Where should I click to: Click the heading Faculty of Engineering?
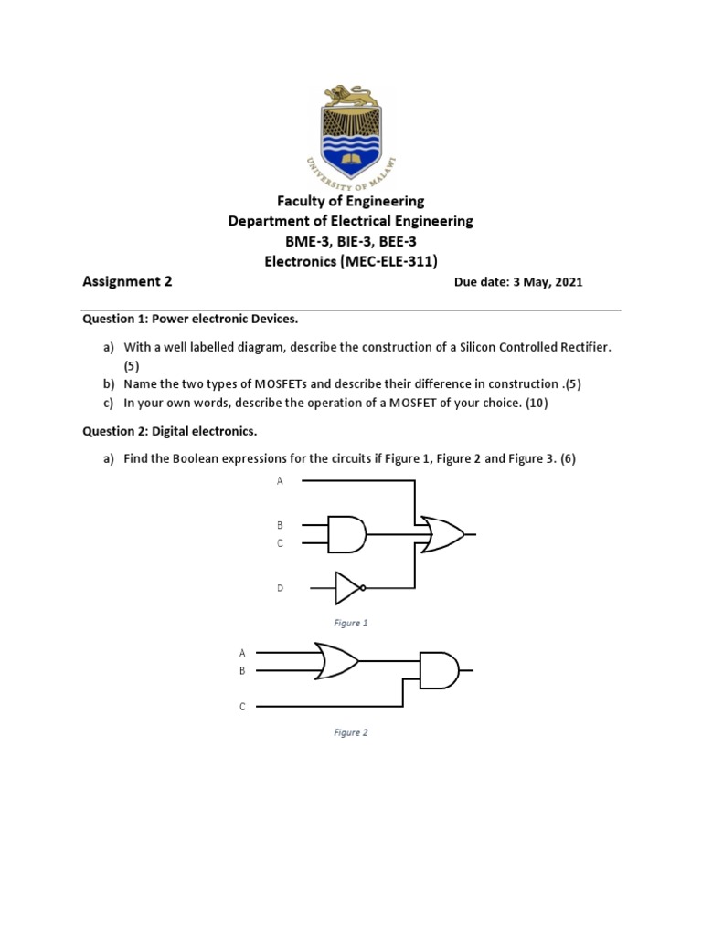(351, 201)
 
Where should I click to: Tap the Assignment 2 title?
(127, 281)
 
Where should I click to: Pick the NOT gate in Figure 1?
(350, 589)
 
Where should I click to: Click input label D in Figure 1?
(281, 589)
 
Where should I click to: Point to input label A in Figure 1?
(281, 480)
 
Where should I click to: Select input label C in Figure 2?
(243, 707)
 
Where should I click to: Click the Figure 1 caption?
(351, 623)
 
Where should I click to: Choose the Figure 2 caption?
(351, 732)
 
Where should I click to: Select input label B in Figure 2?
(242, 671)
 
